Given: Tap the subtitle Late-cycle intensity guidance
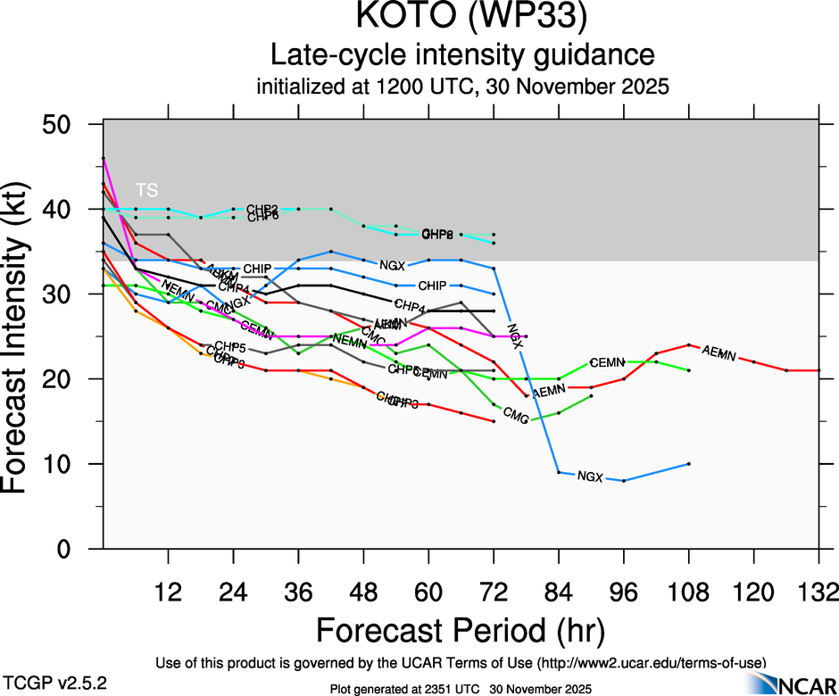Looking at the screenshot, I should pos(462,55).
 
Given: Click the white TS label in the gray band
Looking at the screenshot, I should pos(146,190).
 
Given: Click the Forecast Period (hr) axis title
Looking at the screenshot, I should pos(461,629).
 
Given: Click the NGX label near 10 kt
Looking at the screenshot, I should pos(590,476).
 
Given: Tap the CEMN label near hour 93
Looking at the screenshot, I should pos(606,362).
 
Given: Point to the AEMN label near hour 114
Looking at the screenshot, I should pos(719,353).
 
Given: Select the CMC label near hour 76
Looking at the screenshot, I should pos(517,414).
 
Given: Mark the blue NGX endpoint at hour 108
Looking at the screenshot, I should pos(689,464).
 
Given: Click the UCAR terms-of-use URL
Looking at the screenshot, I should pos(652,663).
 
